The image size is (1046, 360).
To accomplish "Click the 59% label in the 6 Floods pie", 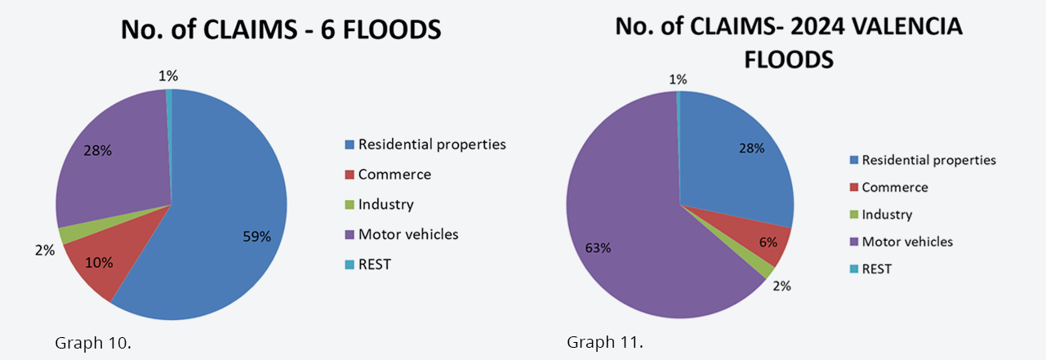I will point(257,237).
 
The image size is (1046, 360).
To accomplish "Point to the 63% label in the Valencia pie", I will point(598,248).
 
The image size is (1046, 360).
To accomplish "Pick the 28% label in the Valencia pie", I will point(750,148).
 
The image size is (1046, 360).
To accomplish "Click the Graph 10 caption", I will point(92,342).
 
